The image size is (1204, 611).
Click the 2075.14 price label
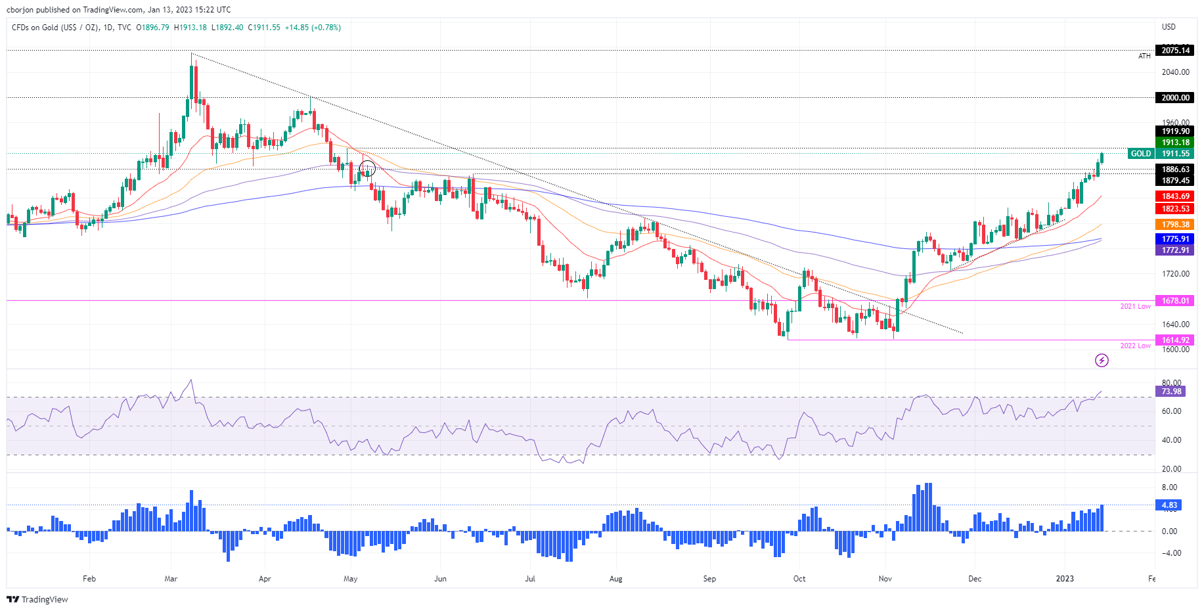tap(1175, 51)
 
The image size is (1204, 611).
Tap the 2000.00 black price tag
tap(1175, 98)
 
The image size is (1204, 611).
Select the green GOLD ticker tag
tap(1140, 154)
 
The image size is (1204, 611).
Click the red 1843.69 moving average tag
tap(1175, 196)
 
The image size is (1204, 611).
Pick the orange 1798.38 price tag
tap(1175, 225)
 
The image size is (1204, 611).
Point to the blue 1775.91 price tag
tap(1175, 239)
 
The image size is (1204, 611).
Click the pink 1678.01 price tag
tap(1175, 301)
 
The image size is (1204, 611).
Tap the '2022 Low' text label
tap(1135, 346)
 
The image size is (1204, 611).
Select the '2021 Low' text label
tap(1135, 306)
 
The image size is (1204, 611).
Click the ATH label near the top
tap(1144, 57)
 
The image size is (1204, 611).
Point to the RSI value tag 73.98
tap(1171, 392)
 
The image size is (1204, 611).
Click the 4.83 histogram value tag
tap(1169, 505)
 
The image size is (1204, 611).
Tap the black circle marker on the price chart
tap(367, 168)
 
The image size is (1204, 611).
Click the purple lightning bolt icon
tap(1102, 360)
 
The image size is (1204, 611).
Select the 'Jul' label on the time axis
tap(530, 579)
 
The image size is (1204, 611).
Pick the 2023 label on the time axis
tap(1064, 579)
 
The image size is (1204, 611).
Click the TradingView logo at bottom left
tap(37, 599)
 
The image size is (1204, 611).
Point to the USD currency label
tap(1169, 27)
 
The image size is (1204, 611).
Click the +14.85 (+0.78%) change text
tap(313, 28)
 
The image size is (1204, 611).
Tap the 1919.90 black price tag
tap(1175, 131)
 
